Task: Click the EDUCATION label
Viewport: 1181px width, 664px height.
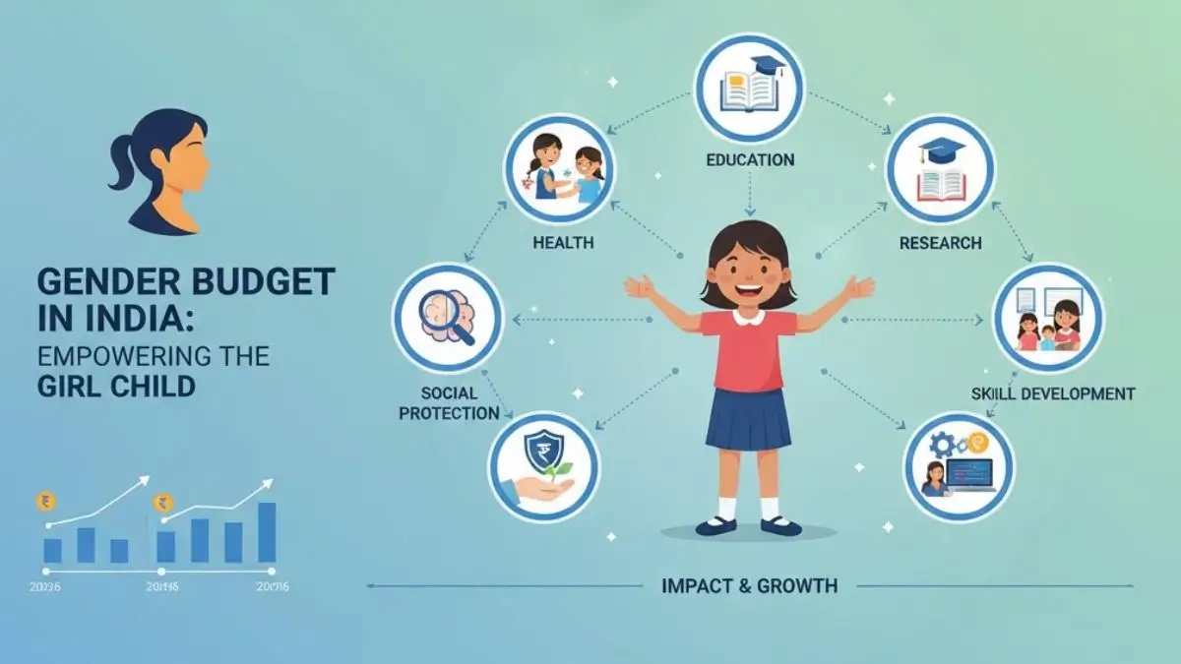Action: pyautogui.click(x=750, y=159)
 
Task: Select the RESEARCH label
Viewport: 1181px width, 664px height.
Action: pyautogui.click(x=941, y=242)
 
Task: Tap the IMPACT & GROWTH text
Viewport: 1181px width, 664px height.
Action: pyautogui.click(x=751, y=586)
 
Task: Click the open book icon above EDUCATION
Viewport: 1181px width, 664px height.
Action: pyautogui.click(x=750, y=88)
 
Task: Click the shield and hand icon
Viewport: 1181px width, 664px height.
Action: pyautogui.click(x=544, y=465)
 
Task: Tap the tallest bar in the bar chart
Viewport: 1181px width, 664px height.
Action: pyautogui.click(x=266, y=532)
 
